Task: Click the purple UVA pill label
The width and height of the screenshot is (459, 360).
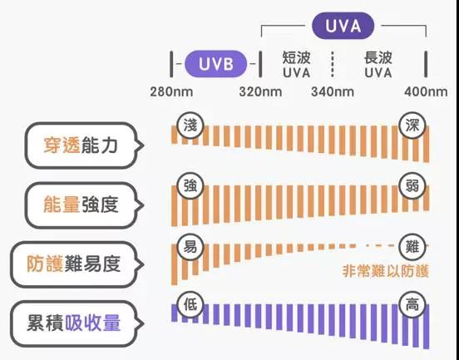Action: [x=343, y=26]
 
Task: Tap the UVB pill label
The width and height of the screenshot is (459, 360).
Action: [x=215, y=64]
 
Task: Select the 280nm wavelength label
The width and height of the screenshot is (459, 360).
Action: [x=171, y=92]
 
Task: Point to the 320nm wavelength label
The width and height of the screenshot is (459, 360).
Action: [x=260, y=92]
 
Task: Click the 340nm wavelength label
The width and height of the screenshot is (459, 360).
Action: [x=333, y=92]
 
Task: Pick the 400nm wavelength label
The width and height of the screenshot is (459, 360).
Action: [x=426, y=92]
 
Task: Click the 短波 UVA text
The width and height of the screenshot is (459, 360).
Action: [x=297, y=65]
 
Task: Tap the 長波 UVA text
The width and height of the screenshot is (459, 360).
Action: [x=378, y=65]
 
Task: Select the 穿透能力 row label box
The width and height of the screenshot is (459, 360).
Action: [x=84, y=145]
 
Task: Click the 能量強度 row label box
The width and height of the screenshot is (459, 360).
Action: [x=84, y=205]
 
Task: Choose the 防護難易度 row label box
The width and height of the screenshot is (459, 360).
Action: [x=77, y=264]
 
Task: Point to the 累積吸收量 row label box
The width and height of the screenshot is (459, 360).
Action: [x=77, y=324]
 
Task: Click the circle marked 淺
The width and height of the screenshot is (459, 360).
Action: [x=190, y=126]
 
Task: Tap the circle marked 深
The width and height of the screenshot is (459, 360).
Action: [x=412, y=126]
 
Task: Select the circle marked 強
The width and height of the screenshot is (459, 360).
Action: [x=190, y=186]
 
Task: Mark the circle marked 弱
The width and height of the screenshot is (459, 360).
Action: [x=412, y=186]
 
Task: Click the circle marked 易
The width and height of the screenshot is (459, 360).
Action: [x=190, y=247]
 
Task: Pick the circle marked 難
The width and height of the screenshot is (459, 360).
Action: [x=412, y=247]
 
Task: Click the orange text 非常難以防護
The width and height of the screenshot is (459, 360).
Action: [x=386, y=271]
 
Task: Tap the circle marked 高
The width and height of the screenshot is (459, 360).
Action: [x=412, y=305]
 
